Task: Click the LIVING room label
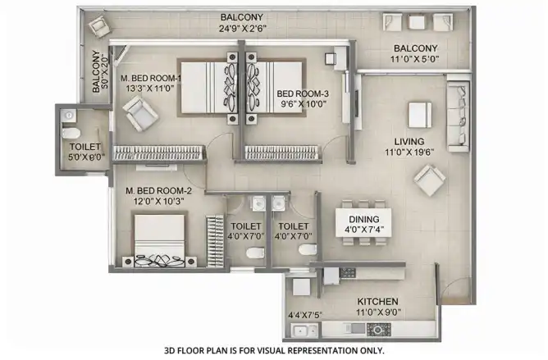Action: (409, 142)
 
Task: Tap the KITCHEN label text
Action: (377, 301)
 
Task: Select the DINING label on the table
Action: (363, 219)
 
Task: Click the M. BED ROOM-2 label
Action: (158, 191)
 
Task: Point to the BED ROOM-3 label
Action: (303, 93)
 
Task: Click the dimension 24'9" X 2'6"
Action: (243, 29)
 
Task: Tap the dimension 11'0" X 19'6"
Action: (409, 153)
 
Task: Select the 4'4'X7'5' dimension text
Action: (305, 315)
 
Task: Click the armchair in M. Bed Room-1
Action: (140, 114)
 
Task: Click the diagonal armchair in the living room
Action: (430, 180)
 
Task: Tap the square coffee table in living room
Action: (420, 115)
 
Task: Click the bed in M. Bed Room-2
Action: (160, 239)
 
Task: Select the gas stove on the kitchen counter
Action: (378, 329)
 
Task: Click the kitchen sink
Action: (305, 330)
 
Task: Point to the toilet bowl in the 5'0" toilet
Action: (71, 133)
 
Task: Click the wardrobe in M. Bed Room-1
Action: (159, 153)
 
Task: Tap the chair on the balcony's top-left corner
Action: (98, 25)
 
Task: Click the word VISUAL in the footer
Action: (269, 350)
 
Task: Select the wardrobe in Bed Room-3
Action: (283, 153)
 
